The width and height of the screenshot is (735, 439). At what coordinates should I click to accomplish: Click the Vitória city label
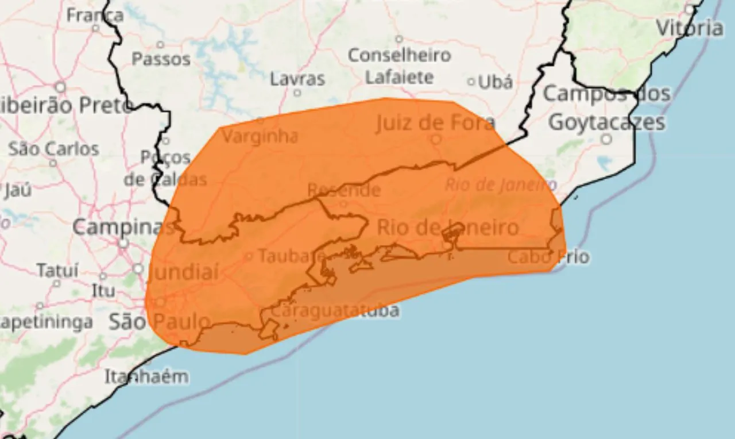coord(689,27)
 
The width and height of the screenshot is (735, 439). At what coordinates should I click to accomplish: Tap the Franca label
coord(95,14)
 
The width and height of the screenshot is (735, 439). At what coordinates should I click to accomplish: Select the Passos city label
coord(161,59)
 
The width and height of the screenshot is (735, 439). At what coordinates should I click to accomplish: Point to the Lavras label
coord(297,79)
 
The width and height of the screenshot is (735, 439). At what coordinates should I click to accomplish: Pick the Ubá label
coord(495,82)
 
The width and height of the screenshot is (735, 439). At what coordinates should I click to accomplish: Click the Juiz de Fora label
coord(435,122)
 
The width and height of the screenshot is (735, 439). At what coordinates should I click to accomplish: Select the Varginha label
coord(260,137)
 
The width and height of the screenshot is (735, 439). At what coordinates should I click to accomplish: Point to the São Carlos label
coord(53,149)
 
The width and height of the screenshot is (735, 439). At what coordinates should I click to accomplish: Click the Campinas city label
coord(122,228)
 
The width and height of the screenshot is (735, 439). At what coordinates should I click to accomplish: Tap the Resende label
coord(343,190)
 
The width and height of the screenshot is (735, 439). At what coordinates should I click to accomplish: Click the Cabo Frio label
coord(548,257)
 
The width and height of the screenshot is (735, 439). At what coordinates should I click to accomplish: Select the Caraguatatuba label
coord(335,311)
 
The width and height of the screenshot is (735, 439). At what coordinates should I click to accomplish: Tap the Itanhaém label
coord(146,377)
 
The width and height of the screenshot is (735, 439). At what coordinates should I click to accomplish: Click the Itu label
coord(103,291)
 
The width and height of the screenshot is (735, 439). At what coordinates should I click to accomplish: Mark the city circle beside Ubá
coord(471,82)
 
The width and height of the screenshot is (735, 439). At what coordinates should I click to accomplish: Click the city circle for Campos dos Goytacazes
coord(606,139)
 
